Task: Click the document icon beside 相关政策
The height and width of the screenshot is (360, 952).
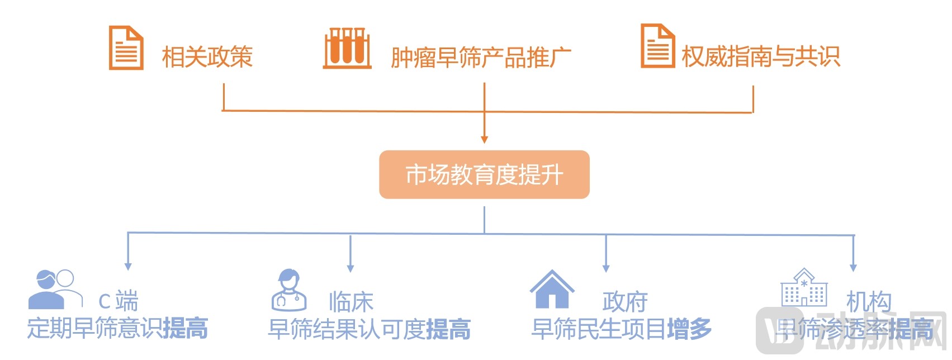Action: (x=126, y=48)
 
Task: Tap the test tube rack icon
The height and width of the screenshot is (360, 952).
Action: (x=347, y=49)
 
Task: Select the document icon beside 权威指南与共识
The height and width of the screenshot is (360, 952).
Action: (x=657, y=46)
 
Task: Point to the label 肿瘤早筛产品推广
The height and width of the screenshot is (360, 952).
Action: (x=481, y=58)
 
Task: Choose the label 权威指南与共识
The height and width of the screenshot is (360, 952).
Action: (x=761, y=56)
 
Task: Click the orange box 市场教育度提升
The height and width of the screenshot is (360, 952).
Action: (x=484, y=174)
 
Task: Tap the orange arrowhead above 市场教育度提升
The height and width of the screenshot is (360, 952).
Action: (x=484, y=139)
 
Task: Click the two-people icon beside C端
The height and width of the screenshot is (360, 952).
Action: (x=54, y=289)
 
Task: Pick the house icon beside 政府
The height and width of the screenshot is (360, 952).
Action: (x=552, y=289)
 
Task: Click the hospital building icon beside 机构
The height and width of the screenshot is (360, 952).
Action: (x=804, y=287)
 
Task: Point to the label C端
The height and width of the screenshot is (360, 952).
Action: (x=119, y=301)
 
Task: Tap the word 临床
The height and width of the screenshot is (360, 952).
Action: (x=351, y=302)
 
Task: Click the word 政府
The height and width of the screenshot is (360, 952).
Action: (x=625, y=302)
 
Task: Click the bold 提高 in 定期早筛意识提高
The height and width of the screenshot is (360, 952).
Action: (x=186, y=328)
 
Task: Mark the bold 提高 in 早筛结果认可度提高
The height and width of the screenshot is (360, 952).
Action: (x=448, y=329)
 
